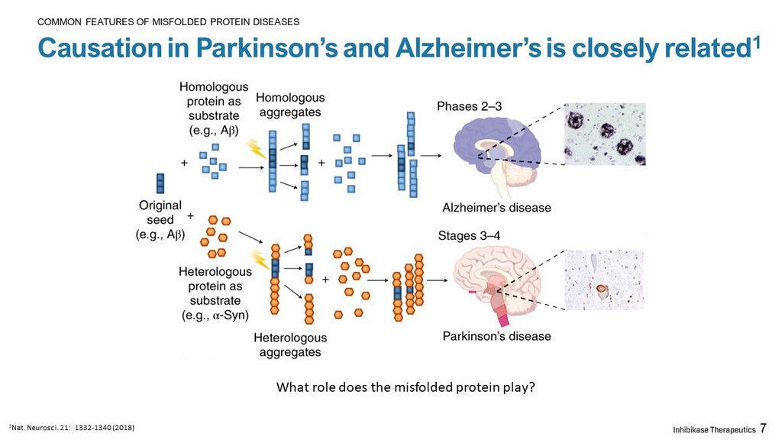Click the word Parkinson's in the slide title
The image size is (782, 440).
tap(267, 48)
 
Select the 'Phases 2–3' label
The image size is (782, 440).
tap(470, 106)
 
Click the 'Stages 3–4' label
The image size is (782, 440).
tap(469, 235)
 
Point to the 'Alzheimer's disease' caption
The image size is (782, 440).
tap(496, 208)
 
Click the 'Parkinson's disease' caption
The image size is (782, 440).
tap(496, 336)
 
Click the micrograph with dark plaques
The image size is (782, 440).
tap(605, 134)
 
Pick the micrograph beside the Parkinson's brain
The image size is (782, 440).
tap(604, 280)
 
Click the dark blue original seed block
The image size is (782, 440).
tap(160, 183)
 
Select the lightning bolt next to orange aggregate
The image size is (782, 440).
tap(260, 260)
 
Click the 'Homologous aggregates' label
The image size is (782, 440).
tap(290, 105)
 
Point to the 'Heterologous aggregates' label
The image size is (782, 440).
tap(290, 345)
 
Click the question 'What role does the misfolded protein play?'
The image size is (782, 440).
tap(406, 387)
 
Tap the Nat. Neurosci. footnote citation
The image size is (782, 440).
tap(72, 428)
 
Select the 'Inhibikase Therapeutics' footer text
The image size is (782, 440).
tap(714, 429)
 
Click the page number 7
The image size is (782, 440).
tap(763, 429)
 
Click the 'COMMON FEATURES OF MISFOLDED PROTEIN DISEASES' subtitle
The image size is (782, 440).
tap(169, 22)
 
